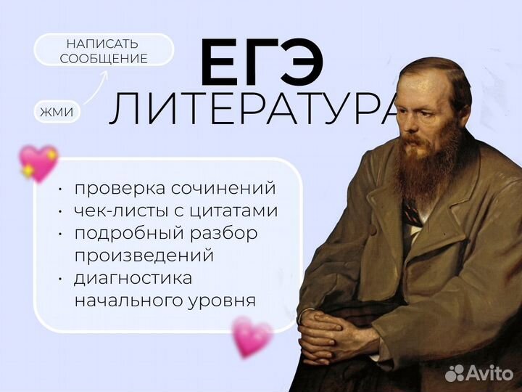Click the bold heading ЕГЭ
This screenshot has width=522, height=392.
pos(262,65)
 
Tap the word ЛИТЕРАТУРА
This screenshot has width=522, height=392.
pos(254,111)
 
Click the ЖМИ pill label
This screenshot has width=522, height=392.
pos(57,113)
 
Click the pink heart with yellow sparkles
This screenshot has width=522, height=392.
pos(39,163)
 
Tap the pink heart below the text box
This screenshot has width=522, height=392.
pos(252,336)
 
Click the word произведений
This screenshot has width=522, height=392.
pos(143,256)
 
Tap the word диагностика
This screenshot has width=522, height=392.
pos(133,278)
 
